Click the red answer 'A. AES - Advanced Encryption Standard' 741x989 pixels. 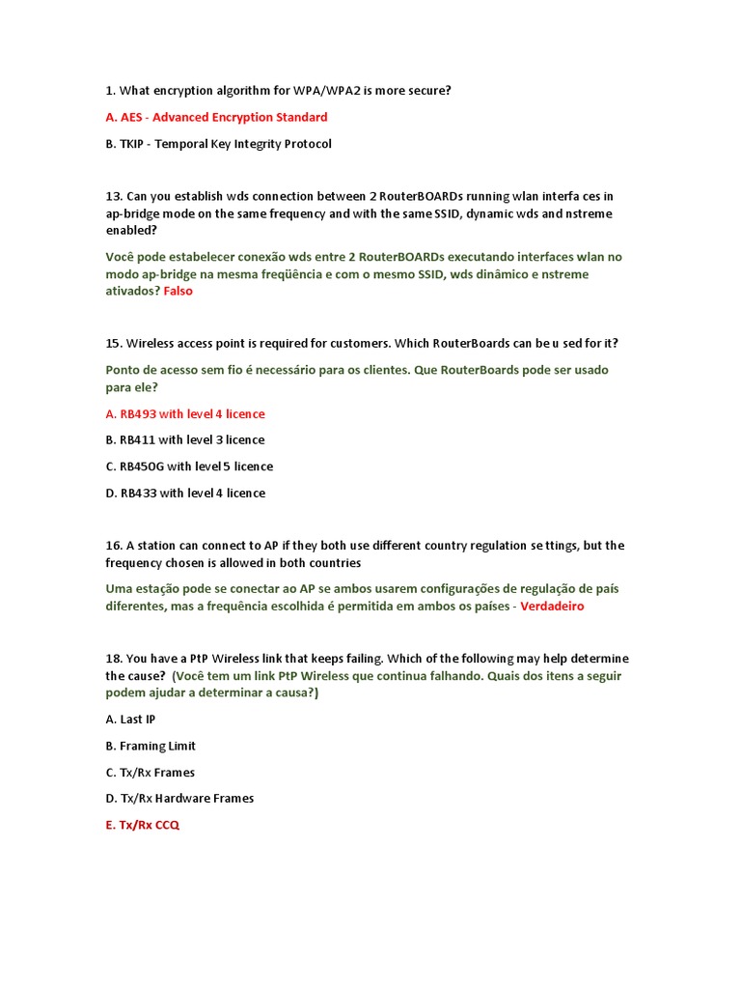[x=216, y=117]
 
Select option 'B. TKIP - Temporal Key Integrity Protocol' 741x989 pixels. [x=218, y=144]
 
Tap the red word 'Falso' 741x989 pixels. [x=178, y=291]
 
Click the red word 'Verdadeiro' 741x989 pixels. [x=553, y=607]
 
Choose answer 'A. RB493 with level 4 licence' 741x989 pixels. [x=184, y=413]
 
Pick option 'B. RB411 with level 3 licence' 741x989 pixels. [x=184, y=439]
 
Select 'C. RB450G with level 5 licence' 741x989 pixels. [x=189, y=466]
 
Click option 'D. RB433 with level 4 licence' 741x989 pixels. [x=184, y=493]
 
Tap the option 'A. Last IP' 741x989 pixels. [x=130, y=720]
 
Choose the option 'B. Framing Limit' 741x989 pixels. [x=151, y=746]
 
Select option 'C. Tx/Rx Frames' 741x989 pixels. [x=150, y=773]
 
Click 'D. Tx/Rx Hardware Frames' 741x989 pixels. [x=179, y=799]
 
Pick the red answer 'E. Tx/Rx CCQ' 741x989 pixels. [x=142, y=826]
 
